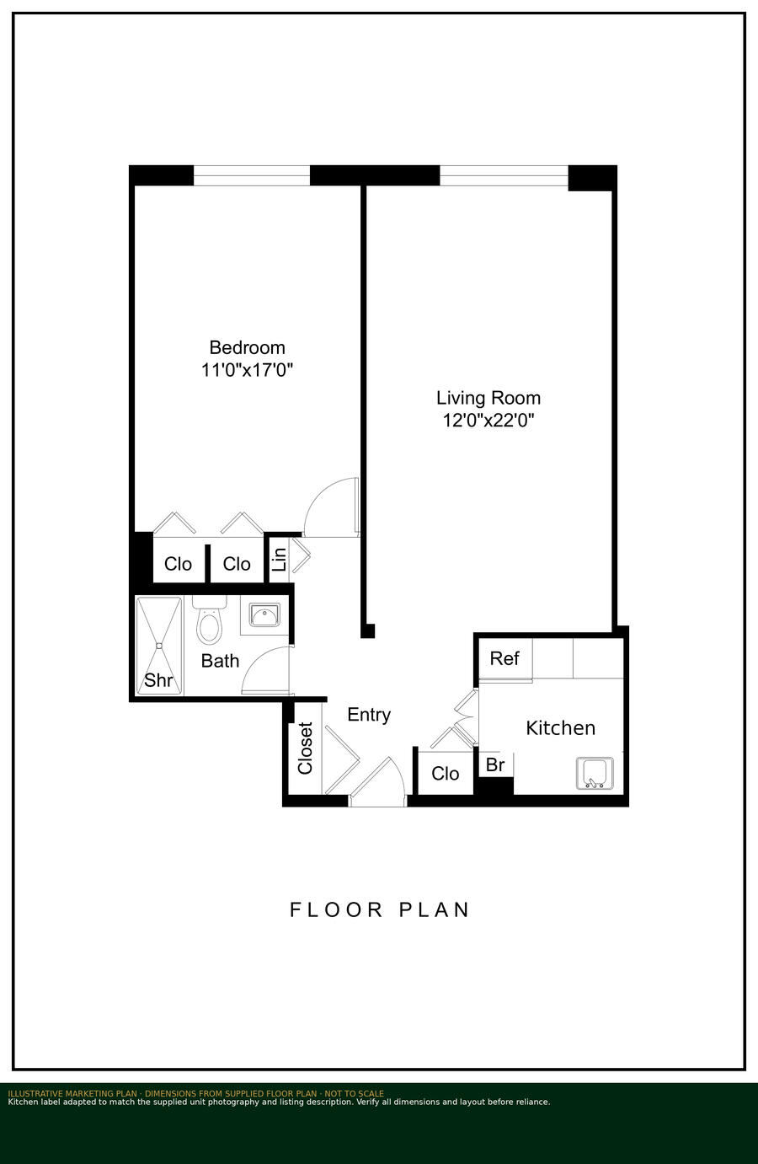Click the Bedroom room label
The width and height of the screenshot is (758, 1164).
[247, 347]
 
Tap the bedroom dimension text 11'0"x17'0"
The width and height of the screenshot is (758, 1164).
[247, 370]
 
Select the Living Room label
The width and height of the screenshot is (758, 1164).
[488, 398]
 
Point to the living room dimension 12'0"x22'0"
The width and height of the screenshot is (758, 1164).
[488, 420]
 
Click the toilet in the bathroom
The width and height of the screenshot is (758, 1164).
[209, 620]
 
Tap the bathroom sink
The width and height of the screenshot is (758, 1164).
[264, 615]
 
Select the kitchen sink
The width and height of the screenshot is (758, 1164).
[595, 773]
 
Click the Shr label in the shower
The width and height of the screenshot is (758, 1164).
[158, 680]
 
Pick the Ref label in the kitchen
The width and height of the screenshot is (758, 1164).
[504, 658]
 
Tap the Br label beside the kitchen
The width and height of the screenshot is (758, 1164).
[495, 764]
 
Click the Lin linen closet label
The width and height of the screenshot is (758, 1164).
[280, 559]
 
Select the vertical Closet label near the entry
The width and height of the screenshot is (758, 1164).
[305, 748]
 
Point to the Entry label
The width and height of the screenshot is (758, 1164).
[369, 715]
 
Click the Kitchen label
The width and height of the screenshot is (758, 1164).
[561, 728]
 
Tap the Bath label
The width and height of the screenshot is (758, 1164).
[220, 661]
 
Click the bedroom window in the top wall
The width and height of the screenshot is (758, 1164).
[252, 175]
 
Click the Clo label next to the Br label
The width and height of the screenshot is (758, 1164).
[446, 774]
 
